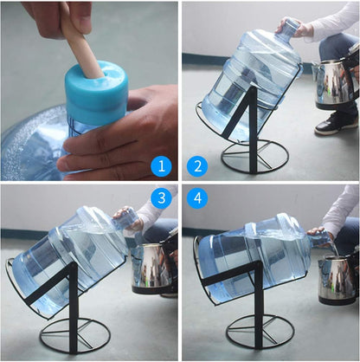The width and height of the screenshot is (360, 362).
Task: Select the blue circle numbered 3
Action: click(x=161, y=198)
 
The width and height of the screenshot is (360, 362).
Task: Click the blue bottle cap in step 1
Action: click(x=95, y=95)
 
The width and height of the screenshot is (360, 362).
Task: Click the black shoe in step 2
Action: click(x=335, y=125)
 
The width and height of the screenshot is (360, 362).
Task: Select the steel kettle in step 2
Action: click(x=333, y=82)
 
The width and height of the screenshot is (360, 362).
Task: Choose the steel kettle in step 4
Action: click(x=336, y=277)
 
